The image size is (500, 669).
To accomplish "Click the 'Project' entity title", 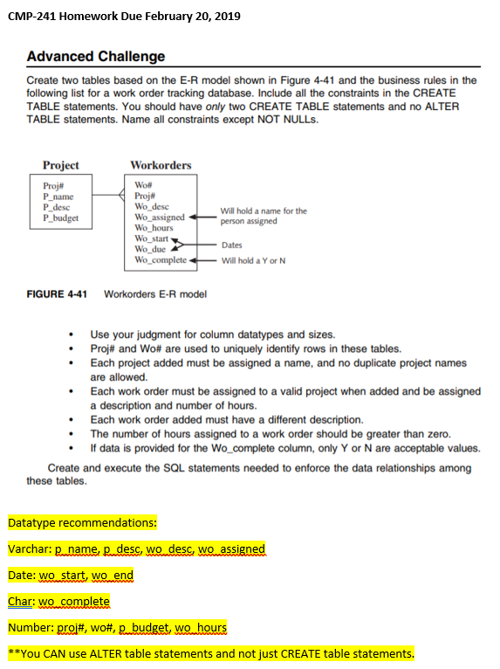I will (60, 165).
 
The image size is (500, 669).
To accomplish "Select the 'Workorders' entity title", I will (161, 165).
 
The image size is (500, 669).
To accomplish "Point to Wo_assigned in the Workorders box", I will (160, 217).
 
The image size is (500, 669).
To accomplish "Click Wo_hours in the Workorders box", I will (154, 228).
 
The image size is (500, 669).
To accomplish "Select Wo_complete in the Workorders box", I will (161, 260).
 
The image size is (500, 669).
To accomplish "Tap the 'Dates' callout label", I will (232, 245).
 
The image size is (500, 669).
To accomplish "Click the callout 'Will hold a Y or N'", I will (254, 260).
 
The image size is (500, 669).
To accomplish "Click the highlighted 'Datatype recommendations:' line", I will (82, 523).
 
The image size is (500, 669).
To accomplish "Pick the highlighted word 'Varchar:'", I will (30, 549).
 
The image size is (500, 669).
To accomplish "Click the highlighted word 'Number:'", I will (30, 627).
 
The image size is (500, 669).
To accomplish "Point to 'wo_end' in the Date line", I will (113, 576).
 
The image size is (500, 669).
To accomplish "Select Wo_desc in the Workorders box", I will (152, 207).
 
